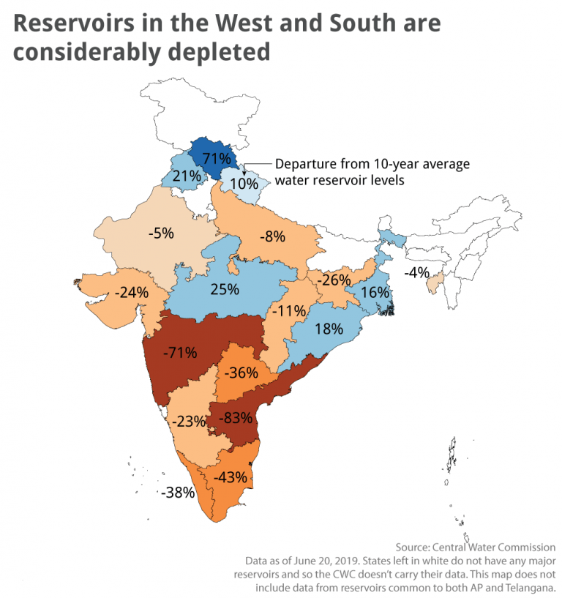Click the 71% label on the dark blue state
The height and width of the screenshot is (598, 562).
[x=217, y=158]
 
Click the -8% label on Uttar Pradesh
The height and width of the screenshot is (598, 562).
[x=271, y=237]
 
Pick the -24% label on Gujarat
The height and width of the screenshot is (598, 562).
[x=132, y=291]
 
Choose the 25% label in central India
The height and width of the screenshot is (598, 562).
[x=224, y=288]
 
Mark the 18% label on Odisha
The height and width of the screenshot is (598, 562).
[x=329, y=329]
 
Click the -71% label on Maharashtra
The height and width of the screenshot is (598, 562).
[x=179, y=353]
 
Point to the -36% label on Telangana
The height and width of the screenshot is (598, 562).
[x=241, y=373]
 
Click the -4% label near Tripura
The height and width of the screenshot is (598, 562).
[x=419, y=273]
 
